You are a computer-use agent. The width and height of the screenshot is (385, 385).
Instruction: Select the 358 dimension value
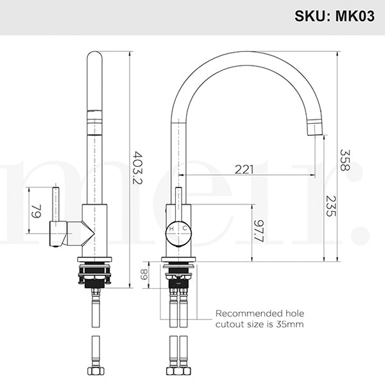pyautogui.click(x=345, y=159)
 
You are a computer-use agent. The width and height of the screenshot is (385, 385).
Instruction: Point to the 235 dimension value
pyautogui.click(x=330, y=205)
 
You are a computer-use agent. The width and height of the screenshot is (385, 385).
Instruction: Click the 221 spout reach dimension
pyautogui.click(x=243, y=169)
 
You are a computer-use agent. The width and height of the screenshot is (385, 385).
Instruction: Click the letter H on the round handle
pyautogui.click(x=171, y=228)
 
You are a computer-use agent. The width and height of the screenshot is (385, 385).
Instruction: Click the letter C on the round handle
pyautogui.click(x=184, y=228)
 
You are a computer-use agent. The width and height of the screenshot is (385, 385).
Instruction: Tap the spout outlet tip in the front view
pyautogui.click(x=314, y=128)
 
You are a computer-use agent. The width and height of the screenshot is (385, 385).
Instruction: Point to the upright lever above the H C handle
pyautogui.click(x=178, y=202)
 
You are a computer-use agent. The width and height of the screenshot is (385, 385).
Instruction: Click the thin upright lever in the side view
pyautogui.click(x=56, y=204)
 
